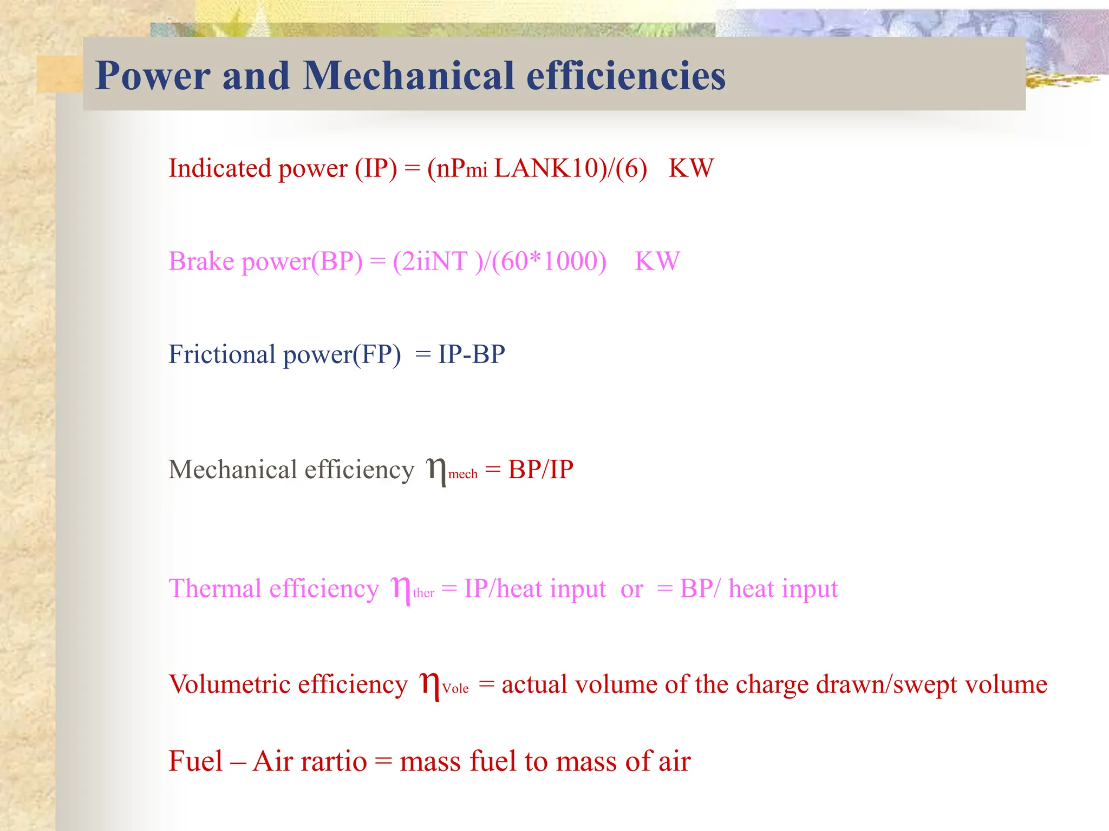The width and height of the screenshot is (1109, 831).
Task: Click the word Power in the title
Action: click(153, 76)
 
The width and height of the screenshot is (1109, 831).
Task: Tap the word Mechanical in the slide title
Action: click(408, 76)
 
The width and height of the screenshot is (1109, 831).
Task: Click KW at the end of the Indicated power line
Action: click(691, 168)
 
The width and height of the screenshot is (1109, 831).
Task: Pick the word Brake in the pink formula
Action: click(201, 261)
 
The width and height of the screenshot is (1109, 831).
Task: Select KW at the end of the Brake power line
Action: click(657, 261)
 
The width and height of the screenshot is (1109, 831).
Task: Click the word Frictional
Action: click(222, 354)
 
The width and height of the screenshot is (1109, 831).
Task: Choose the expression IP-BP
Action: click(471, 354)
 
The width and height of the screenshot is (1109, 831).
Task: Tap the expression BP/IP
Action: click(540, 469)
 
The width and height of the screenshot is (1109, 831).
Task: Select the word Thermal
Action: click(215, 589)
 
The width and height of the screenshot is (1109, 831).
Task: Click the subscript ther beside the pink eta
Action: click(423, 593)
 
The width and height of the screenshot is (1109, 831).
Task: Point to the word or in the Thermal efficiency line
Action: click(631, 589)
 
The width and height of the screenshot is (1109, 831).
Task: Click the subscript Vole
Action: click(455, 689)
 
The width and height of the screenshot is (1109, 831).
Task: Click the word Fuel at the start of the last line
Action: click(195, 761)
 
